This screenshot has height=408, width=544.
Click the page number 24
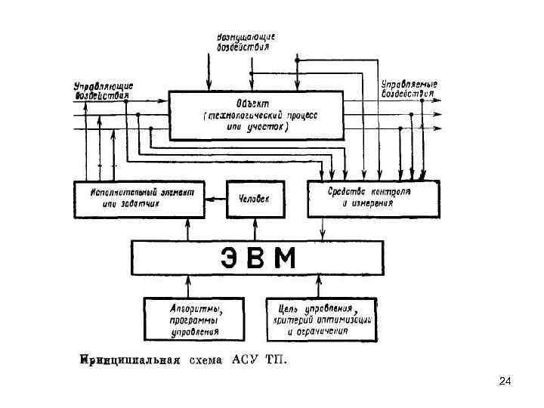[x=505, y=382]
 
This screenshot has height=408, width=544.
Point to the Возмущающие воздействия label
[x=246, y=42]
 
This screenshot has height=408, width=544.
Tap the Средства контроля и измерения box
[x=374, y=199]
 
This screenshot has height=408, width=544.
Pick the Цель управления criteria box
[x=325, y=318]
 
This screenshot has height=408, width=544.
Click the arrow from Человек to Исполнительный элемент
[x=216, y=199]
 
